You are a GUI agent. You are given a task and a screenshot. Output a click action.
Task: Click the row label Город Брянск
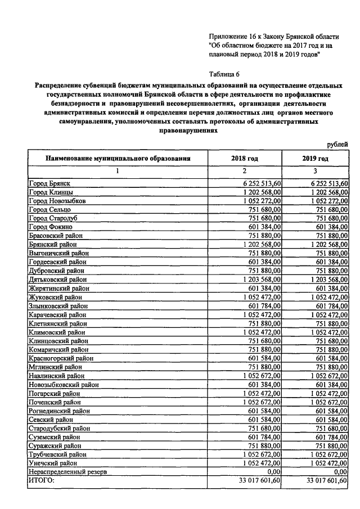point(50,183)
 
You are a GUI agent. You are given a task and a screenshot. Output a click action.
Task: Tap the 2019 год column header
point(315,159)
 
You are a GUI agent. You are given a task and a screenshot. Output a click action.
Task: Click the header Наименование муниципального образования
point(118,159)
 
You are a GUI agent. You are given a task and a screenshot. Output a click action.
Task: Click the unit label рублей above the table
point(337,145)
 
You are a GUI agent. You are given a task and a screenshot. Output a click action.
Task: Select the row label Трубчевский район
point(57,454)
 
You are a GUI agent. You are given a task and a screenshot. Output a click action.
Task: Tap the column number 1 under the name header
point(118,171)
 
